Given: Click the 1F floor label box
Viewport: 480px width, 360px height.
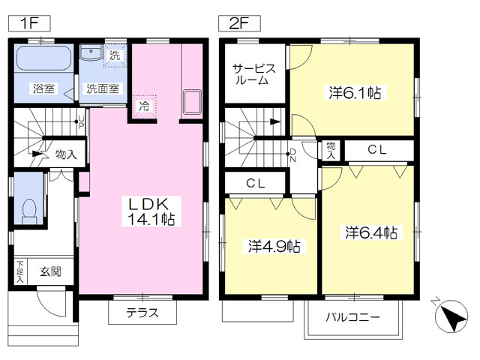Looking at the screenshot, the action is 29,23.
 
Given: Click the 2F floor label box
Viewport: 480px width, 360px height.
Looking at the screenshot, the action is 239,23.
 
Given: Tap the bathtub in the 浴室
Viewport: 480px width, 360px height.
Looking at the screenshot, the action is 43,58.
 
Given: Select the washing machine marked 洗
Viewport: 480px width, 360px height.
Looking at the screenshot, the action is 115,55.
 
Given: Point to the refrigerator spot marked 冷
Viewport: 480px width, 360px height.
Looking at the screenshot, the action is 144,106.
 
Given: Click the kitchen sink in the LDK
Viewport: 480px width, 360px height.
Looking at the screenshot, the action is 192,102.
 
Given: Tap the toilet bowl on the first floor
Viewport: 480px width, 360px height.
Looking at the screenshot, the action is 30,211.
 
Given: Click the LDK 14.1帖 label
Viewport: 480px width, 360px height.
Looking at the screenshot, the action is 151,211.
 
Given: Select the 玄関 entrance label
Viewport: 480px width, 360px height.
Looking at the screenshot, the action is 50,271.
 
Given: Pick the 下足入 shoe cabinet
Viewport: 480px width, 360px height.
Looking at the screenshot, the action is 20,271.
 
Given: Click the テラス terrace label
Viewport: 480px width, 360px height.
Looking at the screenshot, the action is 142,313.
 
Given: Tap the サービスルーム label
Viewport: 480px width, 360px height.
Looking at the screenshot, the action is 253,73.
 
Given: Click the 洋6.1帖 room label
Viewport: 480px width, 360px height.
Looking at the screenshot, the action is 355,92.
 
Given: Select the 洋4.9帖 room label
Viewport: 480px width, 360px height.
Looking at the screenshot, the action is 274,246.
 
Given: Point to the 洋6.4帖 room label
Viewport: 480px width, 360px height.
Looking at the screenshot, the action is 371,232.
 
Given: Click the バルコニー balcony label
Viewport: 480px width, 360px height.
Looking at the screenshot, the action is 352,316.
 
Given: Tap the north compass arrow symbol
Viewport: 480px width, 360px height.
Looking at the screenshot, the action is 451,316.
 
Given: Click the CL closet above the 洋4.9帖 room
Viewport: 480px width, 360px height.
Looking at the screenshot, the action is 256,183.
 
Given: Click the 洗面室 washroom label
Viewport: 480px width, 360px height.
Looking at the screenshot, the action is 103,88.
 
